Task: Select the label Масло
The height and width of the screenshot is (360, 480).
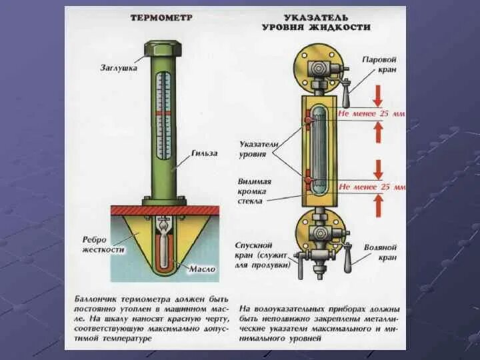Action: coord(202,269)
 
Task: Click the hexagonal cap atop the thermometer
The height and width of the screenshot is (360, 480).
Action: coord(163,50)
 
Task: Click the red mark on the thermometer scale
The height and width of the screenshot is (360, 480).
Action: coord(163,113)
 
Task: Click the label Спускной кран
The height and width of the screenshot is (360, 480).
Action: coord(263,255)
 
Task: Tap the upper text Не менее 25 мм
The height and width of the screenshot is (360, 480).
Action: coord(371,114)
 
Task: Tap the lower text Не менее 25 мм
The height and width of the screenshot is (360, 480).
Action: coord(371,187)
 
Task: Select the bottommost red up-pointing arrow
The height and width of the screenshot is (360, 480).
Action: coord(378,207)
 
